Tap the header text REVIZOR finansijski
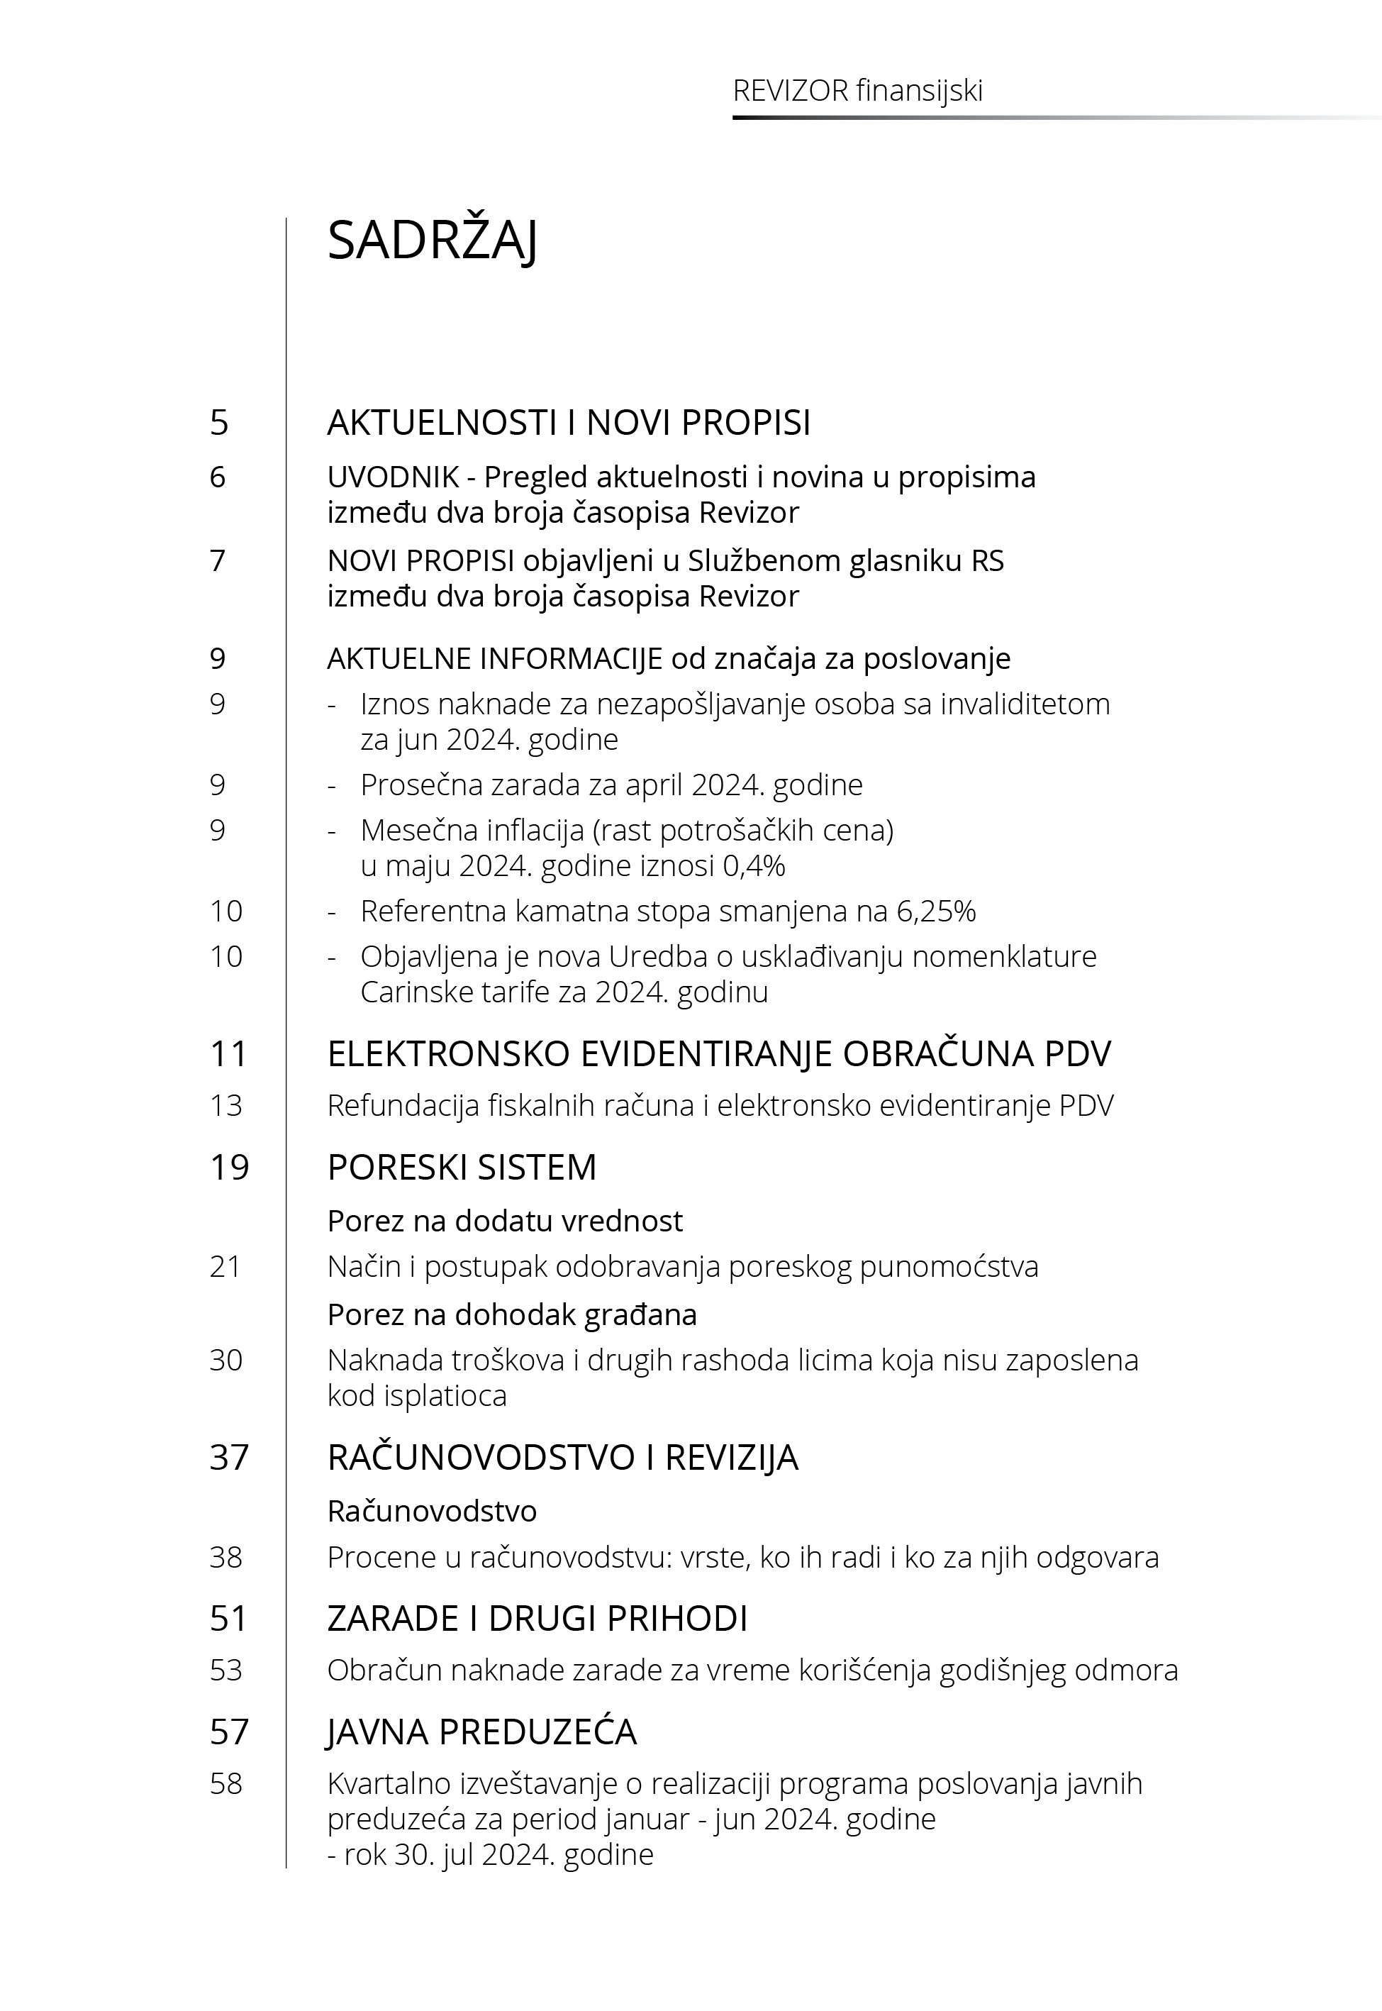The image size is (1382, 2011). [x=857, y=91]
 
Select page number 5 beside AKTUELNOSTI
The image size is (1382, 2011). [x=219, y=423]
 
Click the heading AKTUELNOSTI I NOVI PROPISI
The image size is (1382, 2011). [x=568, y=423]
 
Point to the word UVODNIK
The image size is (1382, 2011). [x=381, y=477]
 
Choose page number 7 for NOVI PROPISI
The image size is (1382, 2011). [x=218, y=561]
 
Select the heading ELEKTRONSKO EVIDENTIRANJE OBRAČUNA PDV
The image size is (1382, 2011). [x=719, y=1054]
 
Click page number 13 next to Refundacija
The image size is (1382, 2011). [x=226, y=1106]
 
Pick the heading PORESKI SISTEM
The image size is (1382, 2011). [x=462, y=1168]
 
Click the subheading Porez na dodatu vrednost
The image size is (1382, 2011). [x=505, y=1221]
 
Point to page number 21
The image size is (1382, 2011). [x=225, y=1267]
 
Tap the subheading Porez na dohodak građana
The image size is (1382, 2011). [x=512, y=1314]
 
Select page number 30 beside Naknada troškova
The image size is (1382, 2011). [x=226, y=1361]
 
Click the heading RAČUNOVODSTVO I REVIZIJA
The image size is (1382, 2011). [x=562, y=1458]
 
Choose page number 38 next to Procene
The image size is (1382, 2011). [x=226, y=1557]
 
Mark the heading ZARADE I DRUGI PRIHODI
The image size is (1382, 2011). [x=537, y=1619]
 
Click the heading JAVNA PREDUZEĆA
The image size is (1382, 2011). [x=481, y=1732]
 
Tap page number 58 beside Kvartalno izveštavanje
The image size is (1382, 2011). [x=226, y=1784]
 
